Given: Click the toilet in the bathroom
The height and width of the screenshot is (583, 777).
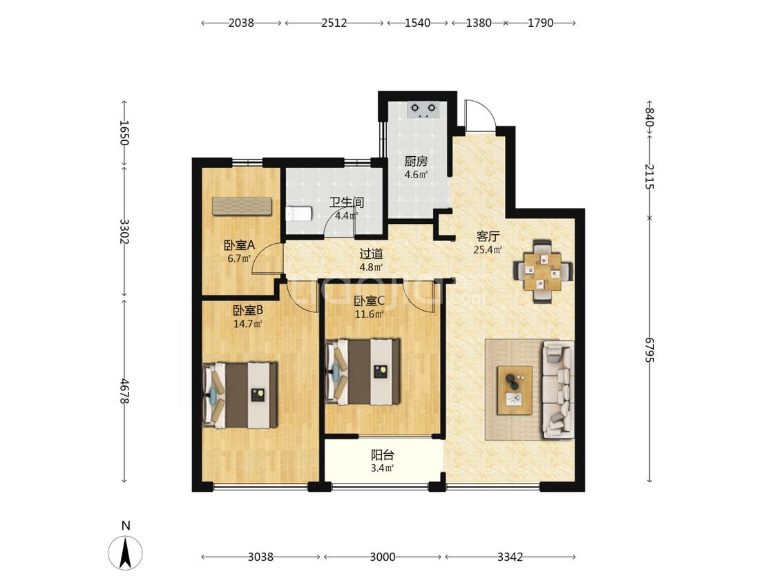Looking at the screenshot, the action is [298, 213].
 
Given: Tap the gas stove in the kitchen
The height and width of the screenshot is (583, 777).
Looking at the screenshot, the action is [423, 110].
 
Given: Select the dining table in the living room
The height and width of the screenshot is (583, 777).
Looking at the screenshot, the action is [543, 271].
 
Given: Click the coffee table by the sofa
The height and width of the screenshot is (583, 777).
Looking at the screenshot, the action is [515, 390].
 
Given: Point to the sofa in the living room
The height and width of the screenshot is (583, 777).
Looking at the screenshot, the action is [559, 389].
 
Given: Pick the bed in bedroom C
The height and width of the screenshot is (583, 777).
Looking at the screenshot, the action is [363, 372].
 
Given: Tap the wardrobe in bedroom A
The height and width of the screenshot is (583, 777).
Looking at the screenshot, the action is [243, 207].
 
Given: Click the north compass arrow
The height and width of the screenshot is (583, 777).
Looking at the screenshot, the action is [126, 553].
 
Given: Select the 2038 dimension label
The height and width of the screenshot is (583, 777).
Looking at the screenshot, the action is [241, 23].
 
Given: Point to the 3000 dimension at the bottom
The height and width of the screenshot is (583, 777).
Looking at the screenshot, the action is [383, 557].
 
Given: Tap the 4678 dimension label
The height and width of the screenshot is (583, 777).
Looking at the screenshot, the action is [125, 391].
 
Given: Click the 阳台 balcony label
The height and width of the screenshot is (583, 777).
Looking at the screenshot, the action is [383, 455].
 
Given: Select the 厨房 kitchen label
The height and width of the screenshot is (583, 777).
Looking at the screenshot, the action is [416, 162].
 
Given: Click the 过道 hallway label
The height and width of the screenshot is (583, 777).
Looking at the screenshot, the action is [371, 254].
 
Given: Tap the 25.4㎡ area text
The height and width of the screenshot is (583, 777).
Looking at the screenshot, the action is [488, 249].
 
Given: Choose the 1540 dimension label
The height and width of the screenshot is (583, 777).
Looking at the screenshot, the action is [418, 23].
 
